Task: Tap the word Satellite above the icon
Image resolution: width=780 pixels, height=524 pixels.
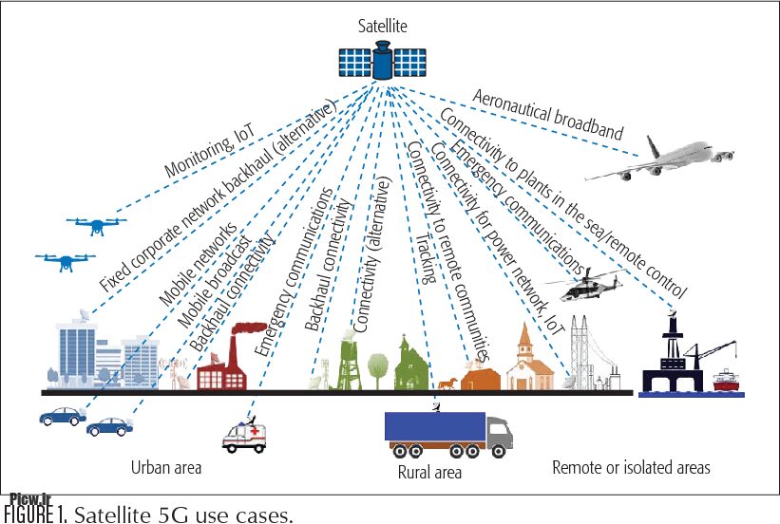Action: tap(381, 28)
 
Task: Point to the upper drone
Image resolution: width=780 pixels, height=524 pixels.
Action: tap(96, 225)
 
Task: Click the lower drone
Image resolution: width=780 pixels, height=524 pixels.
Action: tap(65, 259)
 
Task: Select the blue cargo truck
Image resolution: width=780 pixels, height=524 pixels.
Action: tap(446, 433)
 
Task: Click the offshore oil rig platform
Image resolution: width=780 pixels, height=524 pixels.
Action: tap(675, 356)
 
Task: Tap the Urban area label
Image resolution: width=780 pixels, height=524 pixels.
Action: tap(166, 467)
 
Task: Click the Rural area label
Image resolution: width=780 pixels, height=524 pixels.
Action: tap(428, 472)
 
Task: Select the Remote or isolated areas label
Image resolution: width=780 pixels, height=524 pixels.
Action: tap(631, 467)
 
